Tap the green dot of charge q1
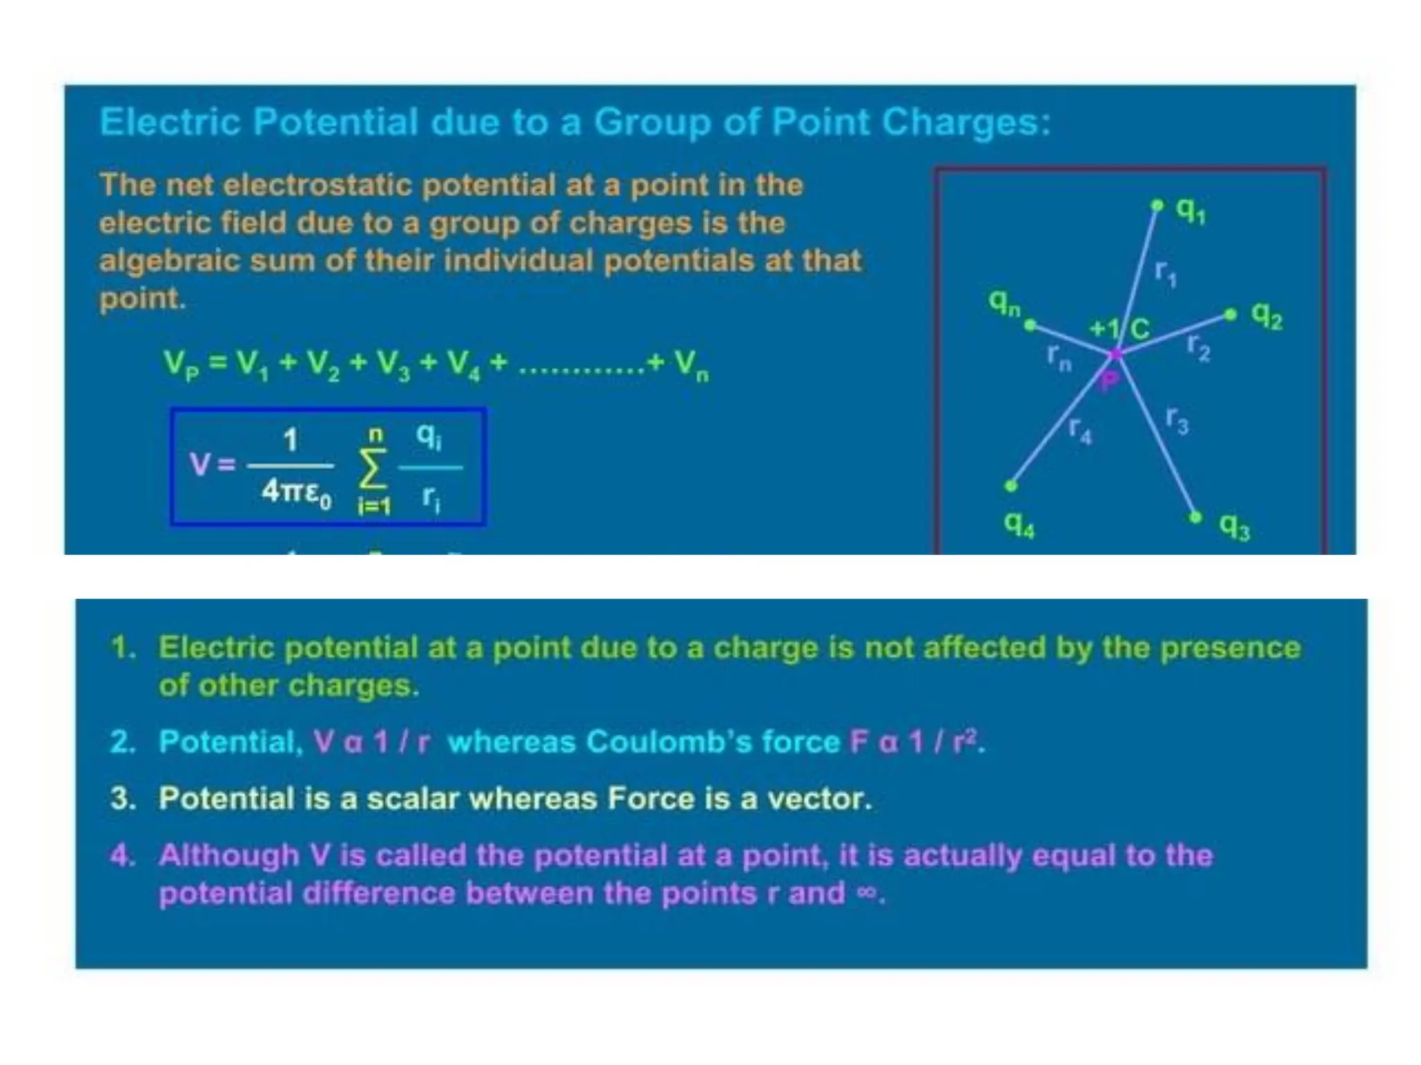coord(1157,205)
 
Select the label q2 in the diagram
coord(1266,316)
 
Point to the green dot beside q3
coord(1195,517)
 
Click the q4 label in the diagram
coord(1019,525)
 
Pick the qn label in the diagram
coord(1004,302)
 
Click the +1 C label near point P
coord(1118,328)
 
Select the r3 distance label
coord(1177,419)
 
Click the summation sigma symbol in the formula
coord(373,469)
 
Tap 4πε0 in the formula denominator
coord(296,492)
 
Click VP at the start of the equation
coord(180,364)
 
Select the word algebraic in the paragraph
coord(168,261)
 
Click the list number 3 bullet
coord(122,799)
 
